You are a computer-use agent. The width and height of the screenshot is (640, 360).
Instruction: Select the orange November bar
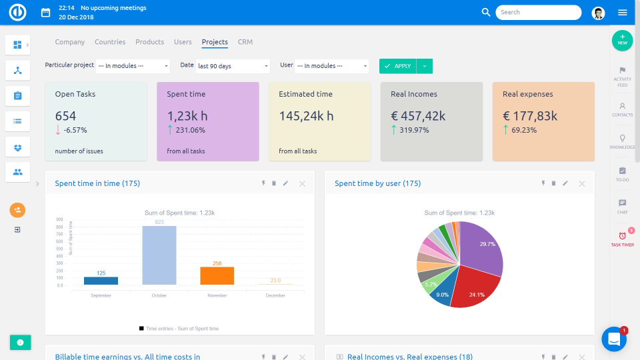217,276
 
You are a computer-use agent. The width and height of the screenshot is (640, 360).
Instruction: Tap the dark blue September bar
101,281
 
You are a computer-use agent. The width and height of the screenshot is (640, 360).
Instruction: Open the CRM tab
245,42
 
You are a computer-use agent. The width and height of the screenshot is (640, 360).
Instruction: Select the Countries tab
110,42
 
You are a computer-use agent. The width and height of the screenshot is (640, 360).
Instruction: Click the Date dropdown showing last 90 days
233,66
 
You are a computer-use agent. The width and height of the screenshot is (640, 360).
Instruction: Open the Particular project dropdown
133,66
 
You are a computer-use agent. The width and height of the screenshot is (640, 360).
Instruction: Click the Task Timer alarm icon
622,236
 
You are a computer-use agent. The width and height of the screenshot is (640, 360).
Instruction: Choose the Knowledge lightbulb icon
622,138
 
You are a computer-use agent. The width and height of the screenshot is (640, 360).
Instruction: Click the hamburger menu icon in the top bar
623,12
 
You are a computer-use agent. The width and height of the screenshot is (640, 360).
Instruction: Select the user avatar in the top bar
598,12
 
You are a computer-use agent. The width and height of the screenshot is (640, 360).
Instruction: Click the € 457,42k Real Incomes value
418,116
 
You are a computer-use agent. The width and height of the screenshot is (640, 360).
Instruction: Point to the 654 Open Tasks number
65,116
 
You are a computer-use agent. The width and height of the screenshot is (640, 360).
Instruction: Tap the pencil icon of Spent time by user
565,183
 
